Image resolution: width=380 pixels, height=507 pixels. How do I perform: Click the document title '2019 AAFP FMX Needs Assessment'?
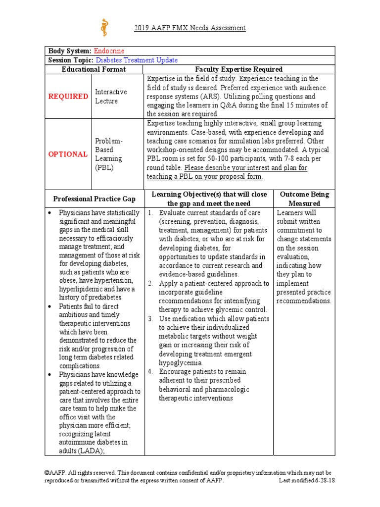click(190, 28)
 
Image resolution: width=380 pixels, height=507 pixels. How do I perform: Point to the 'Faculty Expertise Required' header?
click(239, 69)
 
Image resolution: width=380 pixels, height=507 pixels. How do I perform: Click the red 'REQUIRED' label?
click(68, 97)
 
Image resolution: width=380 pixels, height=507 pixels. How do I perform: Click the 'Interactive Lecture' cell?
click(111, 97)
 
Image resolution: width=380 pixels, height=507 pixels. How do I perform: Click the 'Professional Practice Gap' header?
click(94, 199)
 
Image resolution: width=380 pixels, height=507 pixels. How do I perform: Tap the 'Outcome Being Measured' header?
click(304, 199)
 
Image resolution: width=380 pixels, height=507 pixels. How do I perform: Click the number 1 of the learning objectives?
click(150, 212)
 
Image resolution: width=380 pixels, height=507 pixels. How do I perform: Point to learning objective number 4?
click(150, 372)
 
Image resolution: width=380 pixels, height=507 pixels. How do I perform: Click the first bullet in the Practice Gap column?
click(50, 212)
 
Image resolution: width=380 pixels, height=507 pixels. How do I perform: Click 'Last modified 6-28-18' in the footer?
click(307, 481)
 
